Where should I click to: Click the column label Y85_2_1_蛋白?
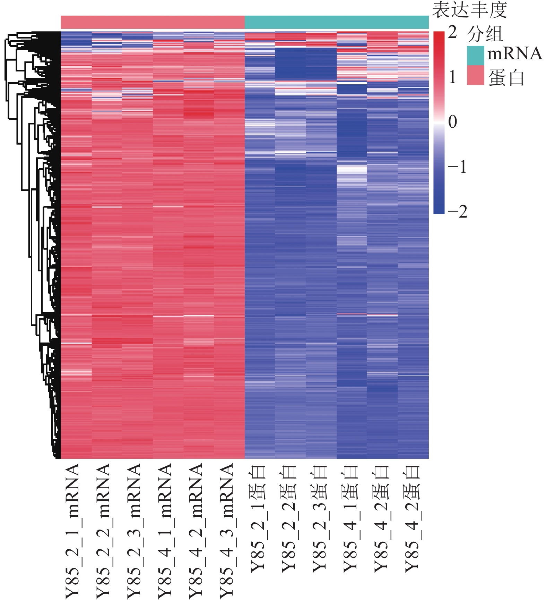[x=257, y=519]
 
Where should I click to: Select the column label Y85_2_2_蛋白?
[x=288, y=519]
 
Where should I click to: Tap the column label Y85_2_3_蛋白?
[x=319, y=519]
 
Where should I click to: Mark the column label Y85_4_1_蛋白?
[x=350, y=519]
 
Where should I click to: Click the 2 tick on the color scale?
[x=452, y=32]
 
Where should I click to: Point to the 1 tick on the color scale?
[x=452, y=77]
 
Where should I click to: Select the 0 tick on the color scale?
[x=452, y=122]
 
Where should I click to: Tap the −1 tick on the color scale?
[x=457, y=167]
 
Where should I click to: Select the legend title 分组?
[x=485, y=34]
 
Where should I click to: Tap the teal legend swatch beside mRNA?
[x=475, y=55]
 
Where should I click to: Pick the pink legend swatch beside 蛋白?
[x=475, y=75]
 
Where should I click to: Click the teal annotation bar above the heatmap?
[x=337, y=22]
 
